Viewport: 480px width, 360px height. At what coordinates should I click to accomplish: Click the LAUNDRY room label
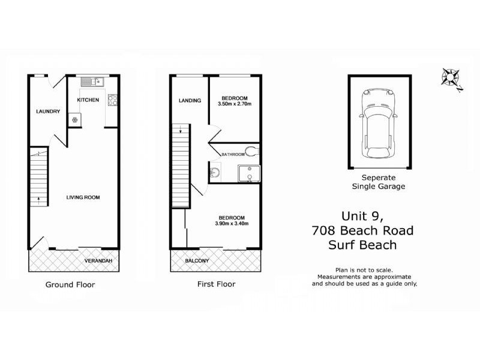[x=47, y=111]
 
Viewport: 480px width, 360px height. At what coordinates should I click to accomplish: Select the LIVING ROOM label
[x=83, y=197]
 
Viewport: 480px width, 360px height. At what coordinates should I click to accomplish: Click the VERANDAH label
[x=97, y=261]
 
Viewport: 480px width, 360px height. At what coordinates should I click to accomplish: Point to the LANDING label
[x=189, y=100]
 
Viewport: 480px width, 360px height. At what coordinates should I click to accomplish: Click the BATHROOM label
[x=233, y=154]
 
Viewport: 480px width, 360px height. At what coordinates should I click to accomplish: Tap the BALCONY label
[x=197, y=261]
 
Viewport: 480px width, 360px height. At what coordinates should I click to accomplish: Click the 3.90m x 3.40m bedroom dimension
[x=232, y=224]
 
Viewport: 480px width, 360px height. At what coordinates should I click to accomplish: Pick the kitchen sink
[x=93, y=82]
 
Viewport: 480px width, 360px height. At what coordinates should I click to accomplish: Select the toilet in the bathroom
[x=252, y=150]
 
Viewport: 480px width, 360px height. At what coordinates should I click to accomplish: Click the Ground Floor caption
[x=70, y=284]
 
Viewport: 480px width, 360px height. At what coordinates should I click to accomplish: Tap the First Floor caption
[x=217, y=284]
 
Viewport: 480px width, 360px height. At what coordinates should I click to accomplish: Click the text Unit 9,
[x=362, y=216]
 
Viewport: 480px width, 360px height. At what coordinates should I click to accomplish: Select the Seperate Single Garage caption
[x=379, y=182]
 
